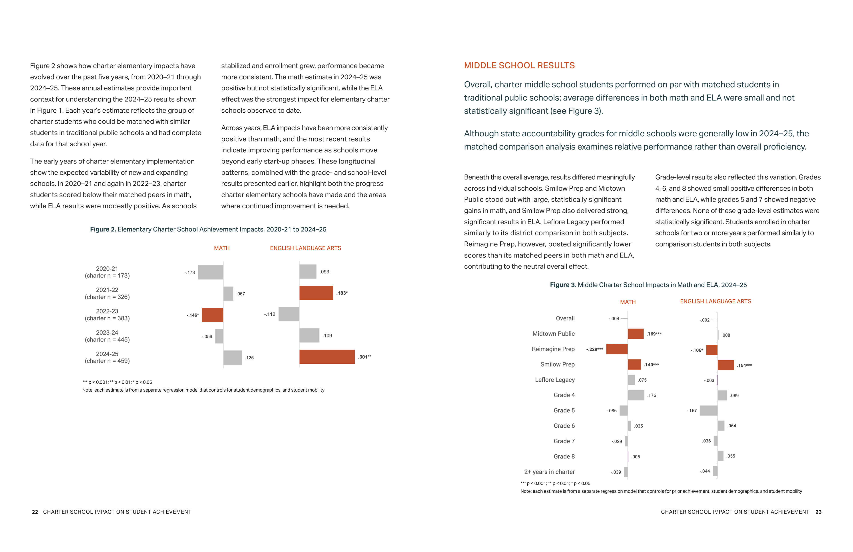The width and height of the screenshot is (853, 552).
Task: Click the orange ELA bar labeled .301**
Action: pyautogui.click(x=327, y=357)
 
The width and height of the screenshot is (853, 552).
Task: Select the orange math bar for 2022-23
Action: pyautogui.click(x=213, y=315)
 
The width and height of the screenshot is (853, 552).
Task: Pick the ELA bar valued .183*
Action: pyautogui.click(x=316, y=293)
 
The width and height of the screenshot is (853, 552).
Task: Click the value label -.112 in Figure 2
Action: pyautogui.click(x=269, y=314)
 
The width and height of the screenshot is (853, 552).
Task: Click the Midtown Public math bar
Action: pyautogui.click(x=636, y=334)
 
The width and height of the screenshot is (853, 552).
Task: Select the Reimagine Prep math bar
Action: pyautogui.click(x=617, y=349)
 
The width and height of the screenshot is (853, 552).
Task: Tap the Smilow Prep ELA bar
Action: pyautogui.click(x=726, y=365)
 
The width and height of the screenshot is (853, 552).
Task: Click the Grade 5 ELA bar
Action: pyautogui.click(x=709, y=411)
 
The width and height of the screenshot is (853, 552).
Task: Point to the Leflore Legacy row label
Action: pyautogui.click(x=555, y=380)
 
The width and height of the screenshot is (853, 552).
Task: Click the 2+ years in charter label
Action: pyautogui.click(x=549, y=472)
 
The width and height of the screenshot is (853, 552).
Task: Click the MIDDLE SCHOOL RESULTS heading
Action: pyautogui.click(x=519, y=66)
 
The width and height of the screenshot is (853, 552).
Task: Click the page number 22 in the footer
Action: pyautogui.click(x=35, y=512)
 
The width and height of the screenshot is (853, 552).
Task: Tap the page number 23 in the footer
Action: pyautogui.click(x=818, y=512)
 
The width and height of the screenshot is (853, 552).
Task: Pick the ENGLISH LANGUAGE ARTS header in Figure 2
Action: pyautogui.click(x=305, y=248)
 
